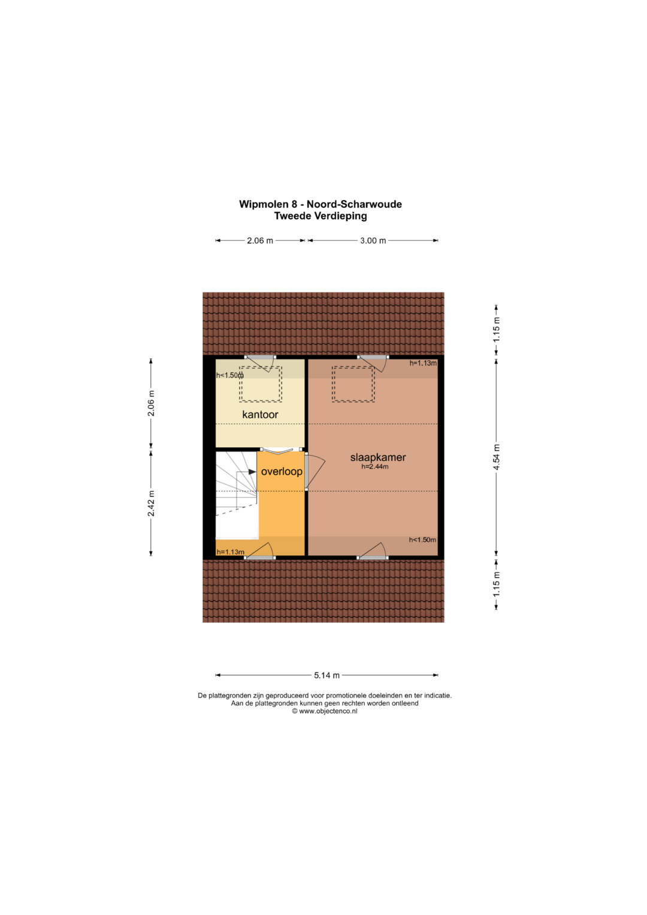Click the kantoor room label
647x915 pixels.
tap(260, 415)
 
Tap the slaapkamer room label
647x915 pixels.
tap(378, 457)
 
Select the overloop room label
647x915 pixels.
tap(282, 472)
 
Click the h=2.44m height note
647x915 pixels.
tap(374, 466)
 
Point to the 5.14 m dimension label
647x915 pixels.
tap(326, 675)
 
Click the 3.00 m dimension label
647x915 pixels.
tap(373, 241)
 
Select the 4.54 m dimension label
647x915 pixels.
tap(497, 457)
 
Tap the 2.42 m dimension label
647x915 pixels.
tap(151, 503)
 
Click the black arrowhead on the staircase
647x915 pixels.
tap(252, 472)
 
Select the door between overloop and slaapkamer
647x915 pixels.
tap(307, 471)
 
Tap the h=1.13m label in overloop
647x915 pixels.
tap(231, 552)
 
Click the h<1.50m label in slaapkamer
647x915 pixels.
tap(422, 540)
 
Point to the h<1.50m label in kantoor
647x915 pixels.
tap(230, 375)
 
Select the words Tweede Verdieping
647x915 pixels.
tap(321, 216)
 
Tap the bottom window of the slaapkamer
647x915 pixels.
tap(373, 557)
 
